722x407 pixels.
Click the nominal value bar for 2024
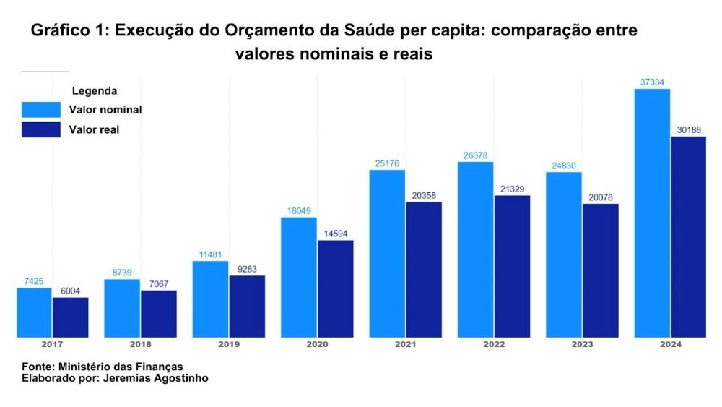(x=652, y=213)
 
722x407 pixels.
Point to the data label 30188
(x=688, y=130)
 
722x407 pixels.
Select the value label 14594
(x=335, y=234)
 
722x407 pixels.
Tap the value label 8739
(x=122, y=273)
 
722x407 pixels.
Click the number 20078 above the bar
(x=601, y=197)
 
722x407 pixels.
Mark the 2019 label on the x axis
(x=228, y=345)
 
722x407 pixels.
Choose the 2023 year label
(x=583, y=345)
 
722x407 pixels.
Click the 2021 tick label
(x=405, y=345)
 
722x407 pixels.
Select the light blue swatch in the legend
(x=41, y=110)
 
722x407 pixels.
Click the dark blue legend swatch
(x=41, y=130)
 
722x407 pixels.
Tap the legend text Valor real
(x=94, y=130)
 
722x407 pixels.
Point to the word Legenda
(x=95, y=91)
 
